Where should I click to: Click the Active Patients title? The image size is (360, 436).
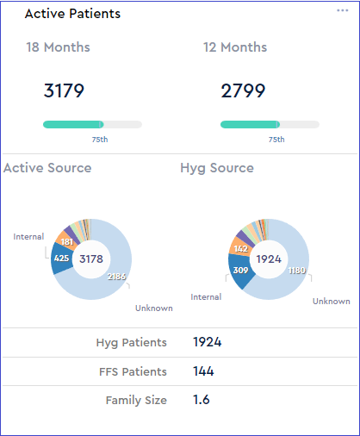(72, 14)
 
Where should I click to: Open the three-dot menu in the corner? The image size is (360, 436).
(342, 9)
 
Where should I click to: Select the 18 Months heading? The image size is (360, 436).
(58, 47)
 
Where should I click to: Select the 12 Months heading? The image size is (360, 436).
(235, 47)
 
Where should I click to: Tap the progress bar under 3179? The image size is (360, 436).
(92, 124)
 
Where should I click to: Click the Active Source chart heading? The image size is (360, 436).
(47, 167)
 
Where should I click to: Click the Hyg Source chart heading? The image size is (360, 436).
(216, 167)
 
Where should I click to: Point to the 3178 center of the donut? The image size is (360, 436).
(90, 258)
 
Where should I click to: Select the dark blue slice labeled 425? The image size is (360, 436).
(62, 258)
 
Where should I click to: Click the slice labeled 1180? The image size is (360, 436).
(295, 270)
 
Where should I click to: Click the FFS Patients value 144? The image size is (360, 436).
(203, 371)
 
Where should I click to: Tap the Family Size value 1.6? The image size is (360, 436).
(200, 400)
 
